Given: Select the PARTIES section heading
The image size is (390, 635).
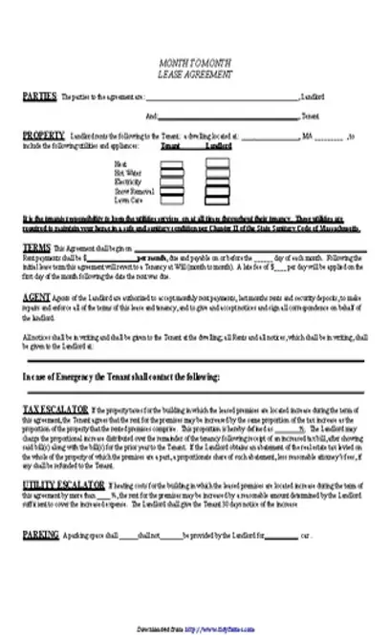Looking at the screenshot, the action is [x=38, y=96].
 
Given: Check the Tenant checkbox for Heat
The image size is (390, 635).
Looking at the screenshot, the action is [x=171, y=163].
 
